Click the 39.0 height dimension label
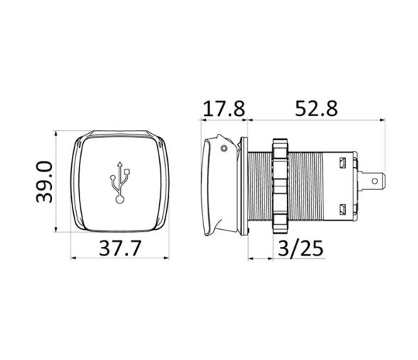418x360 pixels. click(x=44, y=182)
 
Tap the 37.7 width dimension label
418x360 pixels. click(x=119, y=248)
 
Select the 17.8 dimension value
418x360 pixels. click(x=224, y=109)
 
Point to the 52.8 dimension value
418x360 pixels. click(x=316, y=109)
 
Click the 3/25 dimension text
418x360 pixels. click(x=301, y=249)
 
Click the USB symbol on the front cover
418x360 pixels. click(x=120, y=183)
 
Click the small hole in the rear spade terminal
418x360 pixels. click(x=375, y=181)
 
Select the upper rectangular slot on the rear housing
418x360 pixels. click(x=343, y=163)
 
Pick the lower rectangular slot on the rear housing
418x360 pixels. click(x=343, y=209)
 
